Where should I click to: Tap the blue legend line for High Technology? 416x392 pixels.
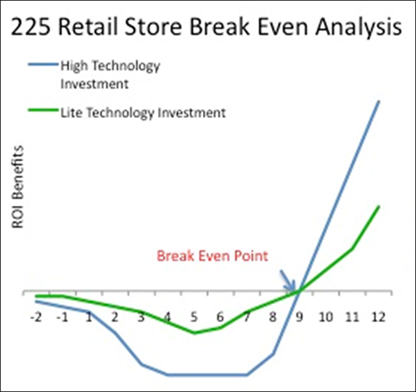(43, 65)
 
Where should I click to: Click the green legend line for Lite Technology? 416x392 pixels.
(43, 110)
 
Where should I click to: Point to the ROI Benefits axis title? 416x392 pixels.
(17, 188)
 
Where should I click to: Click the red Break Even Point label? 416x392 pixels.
(212, 256)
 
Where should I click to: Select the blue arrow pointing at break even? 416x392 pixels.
(288, 280)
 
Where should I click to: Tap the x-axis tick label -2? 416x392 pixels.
(36, 317)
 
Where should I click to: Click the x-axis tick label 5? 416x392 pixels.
(194, 317)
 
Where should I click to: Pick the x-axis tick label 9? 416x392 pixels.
(300, 317)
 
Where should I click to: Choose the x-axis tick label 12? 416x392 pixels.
(379, 317)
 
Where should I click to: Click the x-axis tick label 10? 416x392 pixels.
(325, 317)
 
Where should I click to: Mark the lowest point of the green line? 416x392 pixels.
(195, 333)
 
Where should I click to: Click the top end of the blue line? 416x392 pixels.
(379, 101)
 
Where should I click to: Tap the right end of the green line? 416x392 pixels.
(379, 206)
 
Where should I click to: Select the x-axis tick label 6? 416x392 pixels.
(220, 317)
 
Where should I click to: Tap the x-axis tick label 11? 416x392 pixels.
(352, 317)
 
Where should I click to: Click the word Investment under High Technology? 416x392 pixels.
(95, 84)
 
